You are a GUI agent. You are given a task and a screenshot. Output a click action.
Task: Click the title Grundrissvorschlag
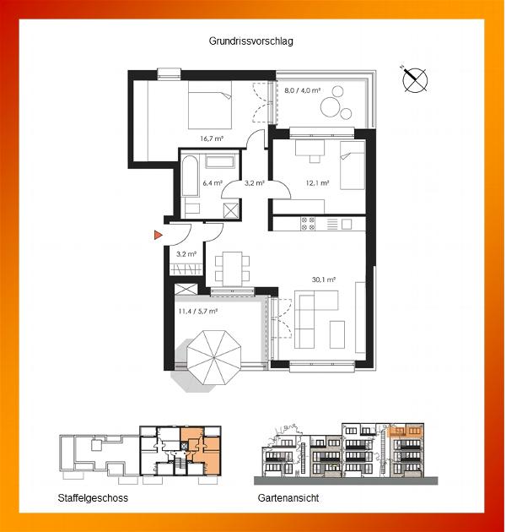[250, 41]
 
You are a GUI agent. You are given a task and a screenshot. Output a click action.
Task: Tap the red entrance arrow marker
[158, 235]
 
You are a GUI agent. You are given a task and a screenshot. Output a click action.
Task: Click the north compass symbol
[414, 79]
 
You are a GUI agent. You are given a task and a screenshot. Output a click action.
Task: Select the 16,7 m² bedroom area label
[212, 138]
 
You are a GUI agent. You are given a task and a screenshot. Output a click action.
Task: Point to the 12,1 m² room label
[317, 183]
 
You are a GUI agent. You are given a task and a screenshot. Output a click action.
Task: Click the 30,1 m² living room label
[324, 280]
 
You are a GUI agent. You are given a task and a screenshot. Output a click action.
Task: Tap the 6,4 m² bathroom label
[213, 183]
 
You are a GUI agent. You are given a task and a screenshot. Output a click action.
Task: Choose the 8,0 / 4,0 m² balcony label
[302, 90]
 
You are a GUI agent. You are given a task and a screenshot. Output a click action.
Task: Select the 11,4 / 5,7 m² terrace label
[197, 311]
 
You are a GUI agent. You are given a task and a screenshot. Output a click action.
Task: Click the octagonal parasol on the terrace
[214, 357]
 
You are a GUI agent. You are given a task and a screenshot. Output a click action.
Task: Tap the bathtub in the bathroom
[190, 176]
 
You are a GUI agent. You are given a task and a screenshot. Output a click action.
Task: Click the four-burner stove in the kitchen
[308, 224]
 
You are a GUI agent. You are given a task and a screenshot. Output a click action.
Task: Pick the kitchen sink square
[347, 225]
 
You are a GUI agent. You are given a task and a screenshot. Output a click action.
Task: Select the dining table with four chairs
[233, 269]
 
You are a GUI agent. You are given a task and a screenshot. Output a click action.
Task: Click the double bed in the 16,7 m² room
[210, 105]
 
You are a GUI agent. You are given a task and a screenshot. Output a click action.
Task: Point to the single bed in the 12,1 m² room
[353, 166]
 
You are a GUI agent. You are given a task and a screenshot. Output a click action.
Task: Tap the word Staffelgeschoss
[93, 498]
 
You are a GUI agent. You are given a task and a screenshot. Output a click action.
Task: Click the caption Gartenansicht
[288, 498]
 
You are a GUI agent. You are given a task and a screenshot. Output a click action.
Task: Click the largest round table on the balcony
[330, 107]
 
